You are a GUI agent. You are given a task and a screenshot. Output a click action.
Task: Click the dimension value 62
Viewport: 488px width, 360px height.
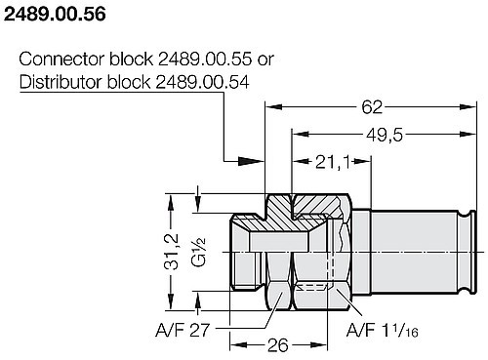[373, 105]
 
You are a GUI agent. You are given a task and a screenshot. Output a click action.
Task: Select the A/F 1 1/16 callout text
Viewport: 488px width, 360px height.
[384, 331]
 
